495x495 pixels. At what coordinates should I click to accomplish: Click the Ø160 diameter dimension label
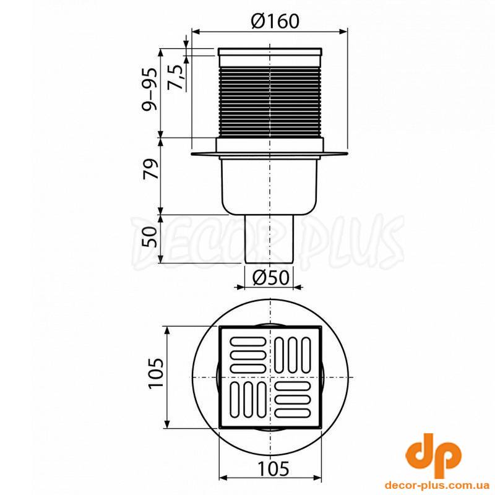click(x=275, y=22)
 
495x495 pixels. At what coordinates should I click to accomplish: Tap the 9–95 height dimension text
click(x=149, y=89)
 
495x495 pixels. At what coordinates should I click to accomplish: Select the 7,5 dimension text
click(x=177, y=77)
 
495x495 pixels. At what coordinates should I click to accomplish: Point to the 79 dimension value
click(x=150, y=169)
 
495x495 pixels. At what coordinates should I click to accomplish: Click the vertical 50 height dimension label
click(x=150, y=237)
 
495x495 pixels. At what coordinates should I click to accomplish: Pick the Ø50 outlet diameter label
click(x=271, y=277)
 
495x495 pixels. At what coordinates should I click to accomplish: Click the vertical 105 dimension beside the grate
click(x=157, y=373)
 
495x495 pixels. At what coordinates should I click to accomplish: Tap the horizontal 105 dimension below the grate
click(x=273, y=468)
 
